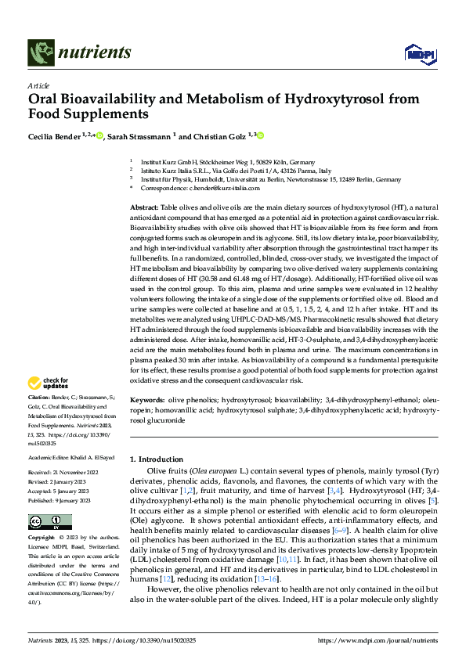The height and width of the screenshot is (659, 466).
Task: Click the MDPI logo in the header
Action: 416,53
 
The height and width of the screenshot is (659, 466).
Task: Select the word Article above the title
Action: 38,85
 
